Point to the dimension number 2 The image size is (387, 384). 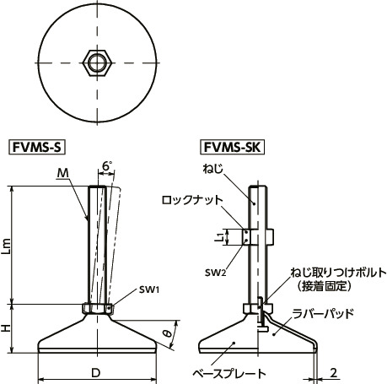tap(335, 372)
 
